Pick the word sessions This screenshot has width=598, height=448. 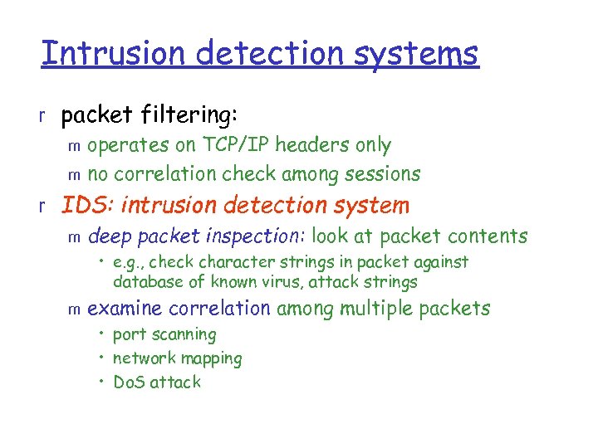click(385, 174)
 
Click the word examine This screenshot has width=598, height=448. click(125, 309)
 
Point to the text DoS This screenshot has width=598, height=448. click(129, 382)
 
